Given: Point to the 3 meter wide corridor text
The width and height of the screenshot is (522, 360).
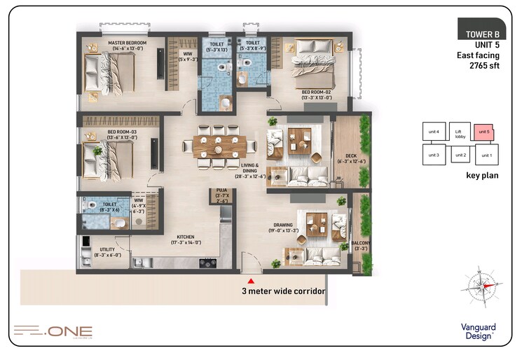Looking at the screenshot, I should [283, 291].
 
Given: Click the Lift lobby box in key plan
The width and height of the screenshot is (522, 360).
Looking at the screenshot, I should [460, 130].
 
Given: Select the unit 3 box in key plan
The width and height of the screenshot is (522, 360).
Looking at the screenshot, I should [433, 154].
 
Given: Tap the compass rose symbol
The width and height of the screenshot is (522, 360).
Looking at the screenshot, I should [481, 286].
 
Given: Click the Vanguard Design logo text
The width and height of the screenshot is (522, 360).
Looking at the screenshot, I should [479, 330].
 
